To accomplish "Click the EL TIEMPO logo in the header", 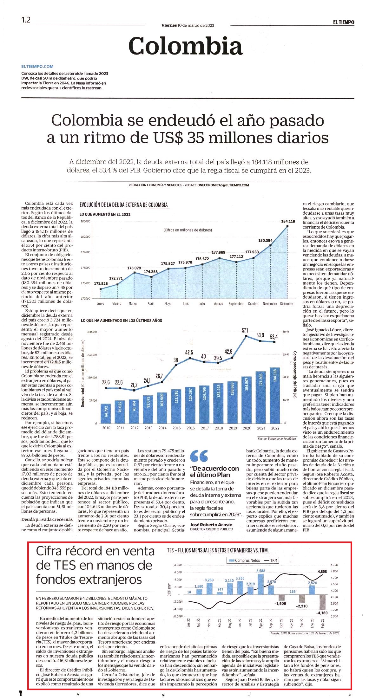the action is tap(344, 22).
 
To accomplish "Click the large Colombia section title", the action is tap(186, 46).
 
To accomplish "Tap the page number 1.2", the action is tap(26, 20).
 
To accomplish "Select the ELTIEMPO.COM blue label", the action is tap(37, 67).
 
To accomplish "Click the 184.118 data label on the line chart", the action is tap(288, 221).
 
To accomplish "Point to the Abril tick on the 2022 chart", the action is tap(151, 304).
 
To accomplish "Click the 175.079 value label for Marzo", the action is tap(134, 268).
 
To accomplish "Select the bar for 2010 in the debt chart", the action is tap(106, 414).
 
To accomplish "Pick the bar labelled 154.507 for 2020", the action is tap(247, 400).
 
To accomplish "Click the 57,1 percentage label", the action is tap(245, 330).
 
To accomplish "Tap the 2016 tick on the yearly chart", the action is tap(191, 428).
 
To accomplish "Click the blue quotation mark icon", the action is tap(199, 456).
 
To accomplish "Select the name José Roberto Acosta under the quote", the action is tap(211, 525).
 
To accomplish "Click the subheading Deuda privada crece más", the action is tap(47, 520).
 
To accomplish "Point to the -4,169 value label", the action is tap(322, 613).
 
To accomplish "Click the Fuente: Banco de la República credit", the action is tap(277, 439).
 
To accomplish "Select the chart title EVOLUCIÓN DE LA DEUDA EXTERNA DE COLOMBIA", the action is tap(124, 205).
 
